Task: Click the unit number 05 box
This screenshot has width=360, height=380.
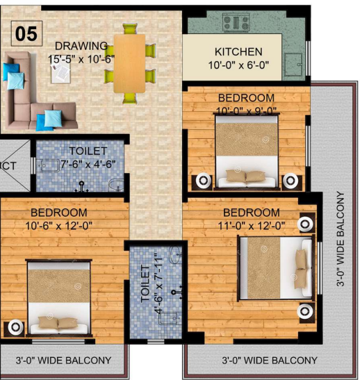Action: pos(27,32)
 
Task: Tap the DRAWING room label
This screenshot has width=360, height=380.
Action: pos(81,46)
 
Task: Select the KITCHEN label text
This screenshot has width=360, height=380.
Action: pos(238,52)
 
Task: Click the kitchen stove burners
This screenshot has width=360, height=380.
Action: pos(236,23)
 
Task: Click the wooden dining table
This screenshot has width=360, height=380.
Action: pos(130,63)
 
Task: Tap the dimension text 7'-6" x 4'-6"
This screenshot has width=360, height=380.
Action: pos(88,164)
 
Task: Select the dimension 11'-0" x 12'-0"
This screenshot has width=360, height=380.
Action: pos(252,225)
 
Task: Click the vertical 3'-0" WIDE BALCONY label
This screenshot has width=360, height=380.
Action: pos(341,239)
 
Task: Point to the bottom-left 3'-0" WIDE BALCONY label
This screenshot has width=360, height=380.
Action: pos(63,360)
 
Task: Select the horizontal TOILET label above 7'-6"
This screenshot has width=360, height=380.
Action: pos(88,151)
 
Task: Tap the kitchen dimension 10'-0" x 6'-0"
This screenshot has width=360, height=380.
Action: pos(238,65)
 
